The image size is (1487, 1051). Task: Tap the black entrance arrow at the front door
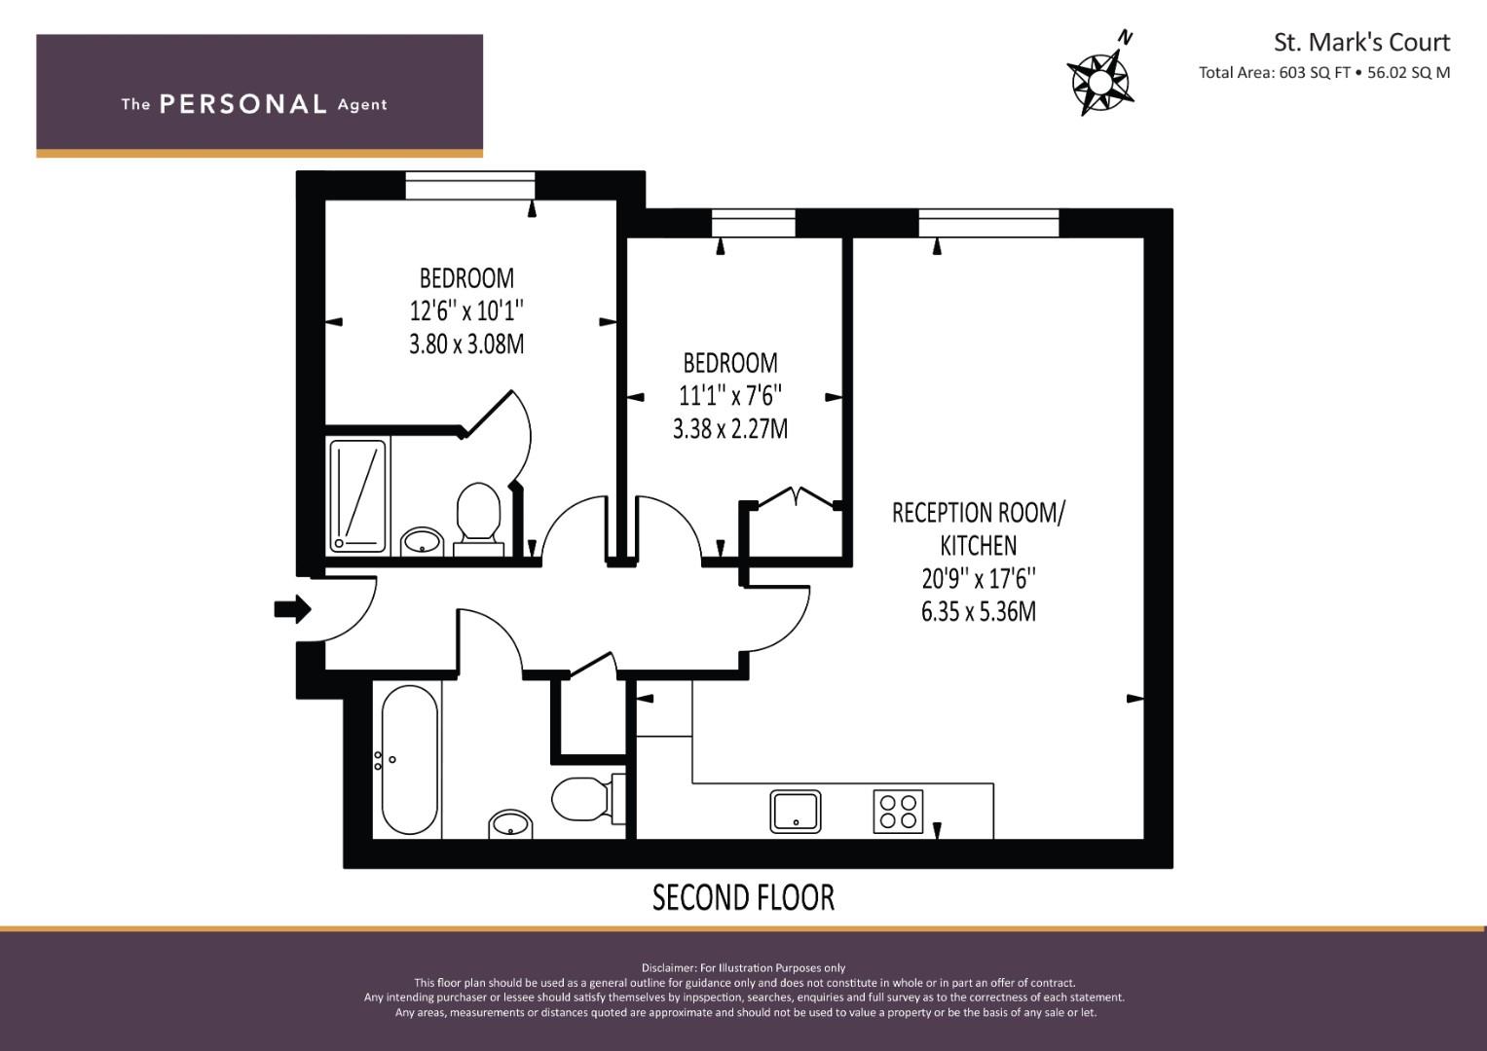(293, 608)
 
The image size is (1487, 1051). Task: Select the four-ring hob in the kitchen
(898, 811)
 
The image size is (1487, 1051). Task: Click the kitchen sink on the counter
(796, 811)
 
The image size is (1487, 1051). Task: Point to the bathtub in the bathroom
(410, 759)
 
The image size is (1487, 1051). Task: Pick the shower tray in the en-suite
(357, 495)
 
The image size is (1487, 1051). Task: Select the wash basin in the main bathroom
(510, 825)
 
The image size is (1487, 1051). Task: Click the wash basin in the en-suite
(423, 542)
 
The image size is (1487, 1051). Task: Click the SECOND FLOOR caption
(743, 897)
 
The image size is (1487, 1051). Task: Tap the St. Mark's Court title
(1361, 43)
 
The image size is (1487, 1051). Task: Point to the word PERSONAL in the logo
(243, 104)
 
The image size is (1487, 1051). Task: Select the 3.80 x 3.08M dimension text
(466, 344)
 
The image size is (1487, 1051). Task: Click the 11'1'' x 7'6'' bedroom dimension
(730, 396)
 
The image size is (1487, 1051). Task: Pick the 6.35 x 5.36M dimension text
(979, 611)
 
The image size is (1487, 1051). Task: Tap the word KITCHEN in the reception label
(979, 545)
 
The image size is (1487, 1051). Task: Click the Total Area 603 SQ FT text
(1275, 72)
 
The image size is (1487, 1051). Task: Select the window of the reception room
(988, 224)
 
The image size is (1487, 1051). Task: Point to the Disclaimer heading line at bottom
(744, 968)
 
